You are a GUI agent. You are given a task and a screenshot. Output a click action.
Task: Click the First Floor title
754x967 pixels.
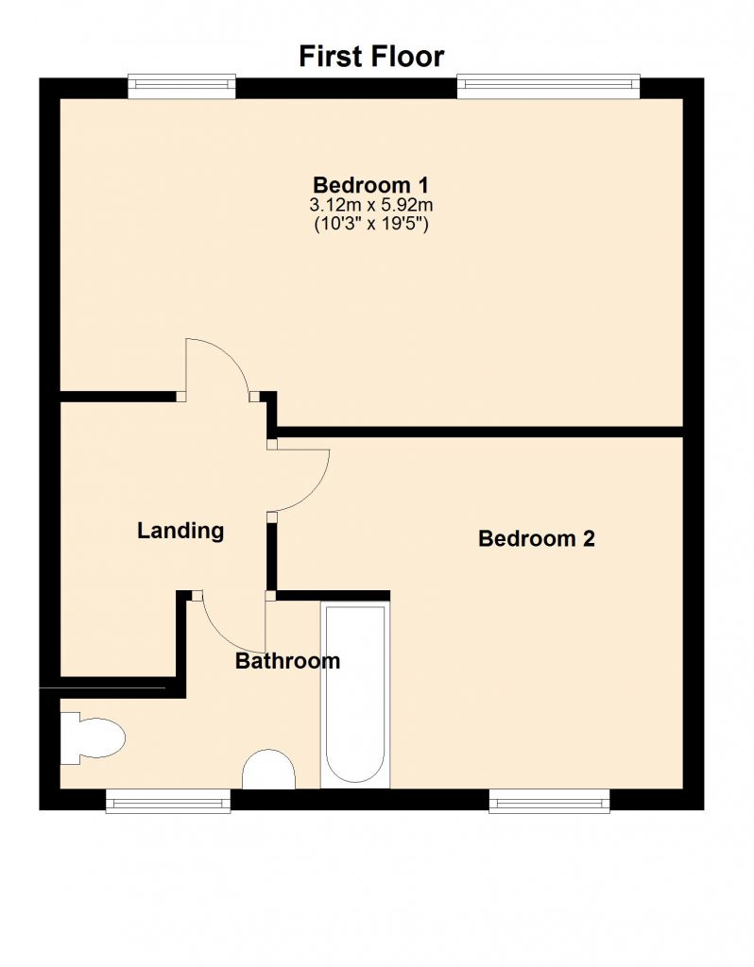click(x=371, y=56)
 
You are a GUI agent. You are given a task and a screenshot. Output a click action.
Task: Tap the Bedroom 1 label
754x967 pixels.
click(x=370, y=185)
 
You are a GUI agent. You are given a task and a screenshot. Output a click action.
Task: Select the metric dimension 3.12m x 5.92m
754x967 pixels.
click(x=370, y=205)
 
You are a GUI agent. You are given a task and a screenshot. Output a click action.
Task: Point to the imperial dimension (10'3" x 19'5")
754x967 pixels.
click(x=370, y=223)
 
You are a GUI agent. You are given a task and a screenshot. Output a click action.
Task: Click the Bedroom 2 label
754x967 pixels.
click(x=536, y=538)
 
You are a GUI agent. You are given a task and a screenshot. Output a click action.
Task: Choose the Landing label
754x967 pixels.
click(x=180, y=531)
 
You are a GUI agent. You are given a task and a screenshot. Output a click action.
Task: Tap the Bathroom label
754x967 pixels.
click(x=287, y=661)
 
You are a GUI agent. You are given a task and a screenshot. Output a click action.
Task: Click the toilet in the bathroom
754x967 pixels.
click(x=93, y=738)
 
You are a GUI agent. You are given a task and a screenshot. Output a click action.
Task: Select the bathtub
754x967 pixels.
click(x=354, y=694)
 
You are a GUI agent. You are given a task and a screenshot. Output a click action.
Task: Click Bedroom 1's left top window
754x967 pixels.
click(x=182, y=86)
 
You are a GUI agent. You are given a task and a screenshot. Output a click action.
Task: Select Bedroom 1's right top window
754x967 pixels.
click(x=549, y=86)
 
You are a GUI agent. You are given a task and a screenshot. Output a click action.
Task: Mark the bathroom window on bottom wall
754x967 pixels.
click(x=168, y=801)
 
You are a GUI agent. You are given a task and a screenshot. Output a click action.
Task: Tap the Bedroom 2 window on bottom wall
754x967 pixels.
click(x=550, y=801)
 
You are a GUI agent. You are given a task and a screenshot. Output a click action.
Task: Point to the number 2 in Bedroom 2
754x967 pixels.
click(x=589, y=538)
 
